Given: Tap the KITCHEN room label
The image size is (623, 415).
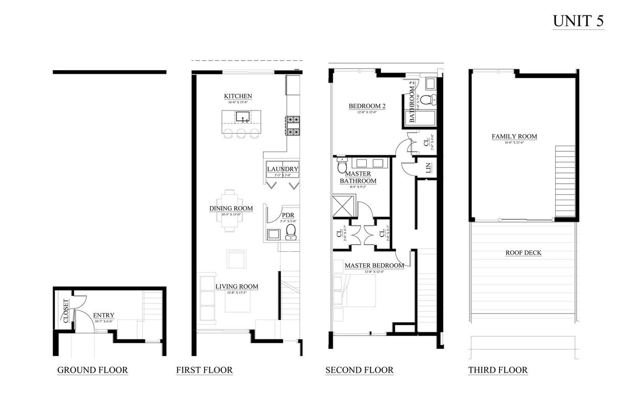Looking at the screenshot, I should tap(238, 97).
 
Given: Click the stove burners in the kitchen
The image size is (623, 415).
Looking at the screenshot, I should tap(293, 126).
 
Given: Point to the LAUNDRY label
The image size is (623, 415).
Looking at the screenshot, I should tap(283, 169).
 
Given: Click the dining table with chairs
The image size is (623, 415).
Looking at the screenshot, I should tap(231, 211).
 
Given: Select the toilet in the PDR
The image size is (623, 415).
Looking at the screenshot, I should tap(291, 232).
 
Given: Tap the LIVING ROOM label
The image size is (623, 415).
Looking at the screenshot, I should tap(237, 286).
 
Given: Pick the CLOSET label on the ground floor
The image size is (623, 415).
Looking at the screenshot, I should tap(66, 311).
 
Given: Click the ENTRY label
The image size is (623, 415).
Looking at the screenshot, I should tap(103, 315).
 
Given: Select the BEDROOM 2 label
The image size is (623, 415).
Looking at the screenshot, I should tap(367, 106).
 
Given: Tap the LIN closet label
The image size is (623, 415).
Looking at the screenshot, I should tap(428, 167).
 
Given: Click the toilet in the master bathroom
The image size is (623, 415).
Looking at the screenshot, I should tap(342, 165).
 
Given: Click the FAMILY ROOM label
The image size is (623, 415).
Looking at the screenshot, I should tap(514, 137).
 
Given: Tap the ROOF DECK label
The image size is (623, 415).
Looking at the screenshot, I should tap(524, 253).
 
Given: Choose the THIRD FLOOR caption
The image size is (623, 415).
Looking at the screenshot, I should tap(497, 370).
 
